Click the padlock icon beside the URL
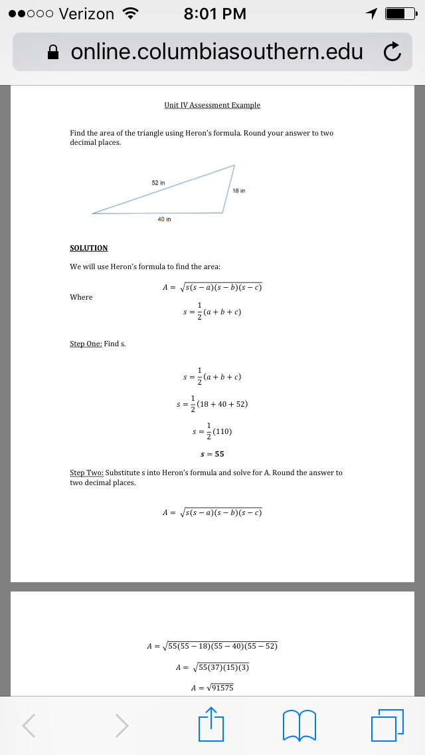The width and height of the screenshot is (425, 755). pos(56,52)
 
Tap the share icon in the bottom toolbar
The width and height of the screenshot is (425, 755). pos(211,724)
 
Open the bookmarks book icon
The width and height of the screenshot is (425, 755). pos(299,724)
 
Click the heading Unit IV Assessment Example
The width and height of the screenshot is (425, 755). pos(212,105)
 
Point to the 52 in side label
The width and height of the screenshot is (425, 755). pos(158,181)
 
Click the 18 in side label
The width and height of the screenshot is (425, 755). pos(240,190)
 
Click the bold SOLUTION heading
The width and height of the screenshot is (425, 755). pos(88,248)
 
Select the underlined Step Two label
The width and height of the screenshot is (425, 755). pos(86,473)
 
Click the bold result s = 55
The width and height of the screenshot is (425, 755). pos(212,455)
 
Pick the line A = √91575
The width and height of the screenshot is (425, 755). pos(212,688)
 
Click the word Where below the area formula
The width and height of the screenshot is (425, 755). pos(81,297)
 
